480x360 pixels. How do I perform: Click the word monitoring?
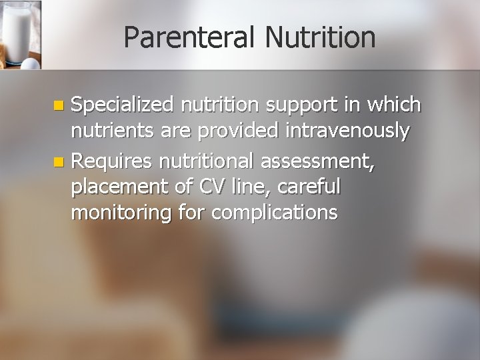tap(121, 215)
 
